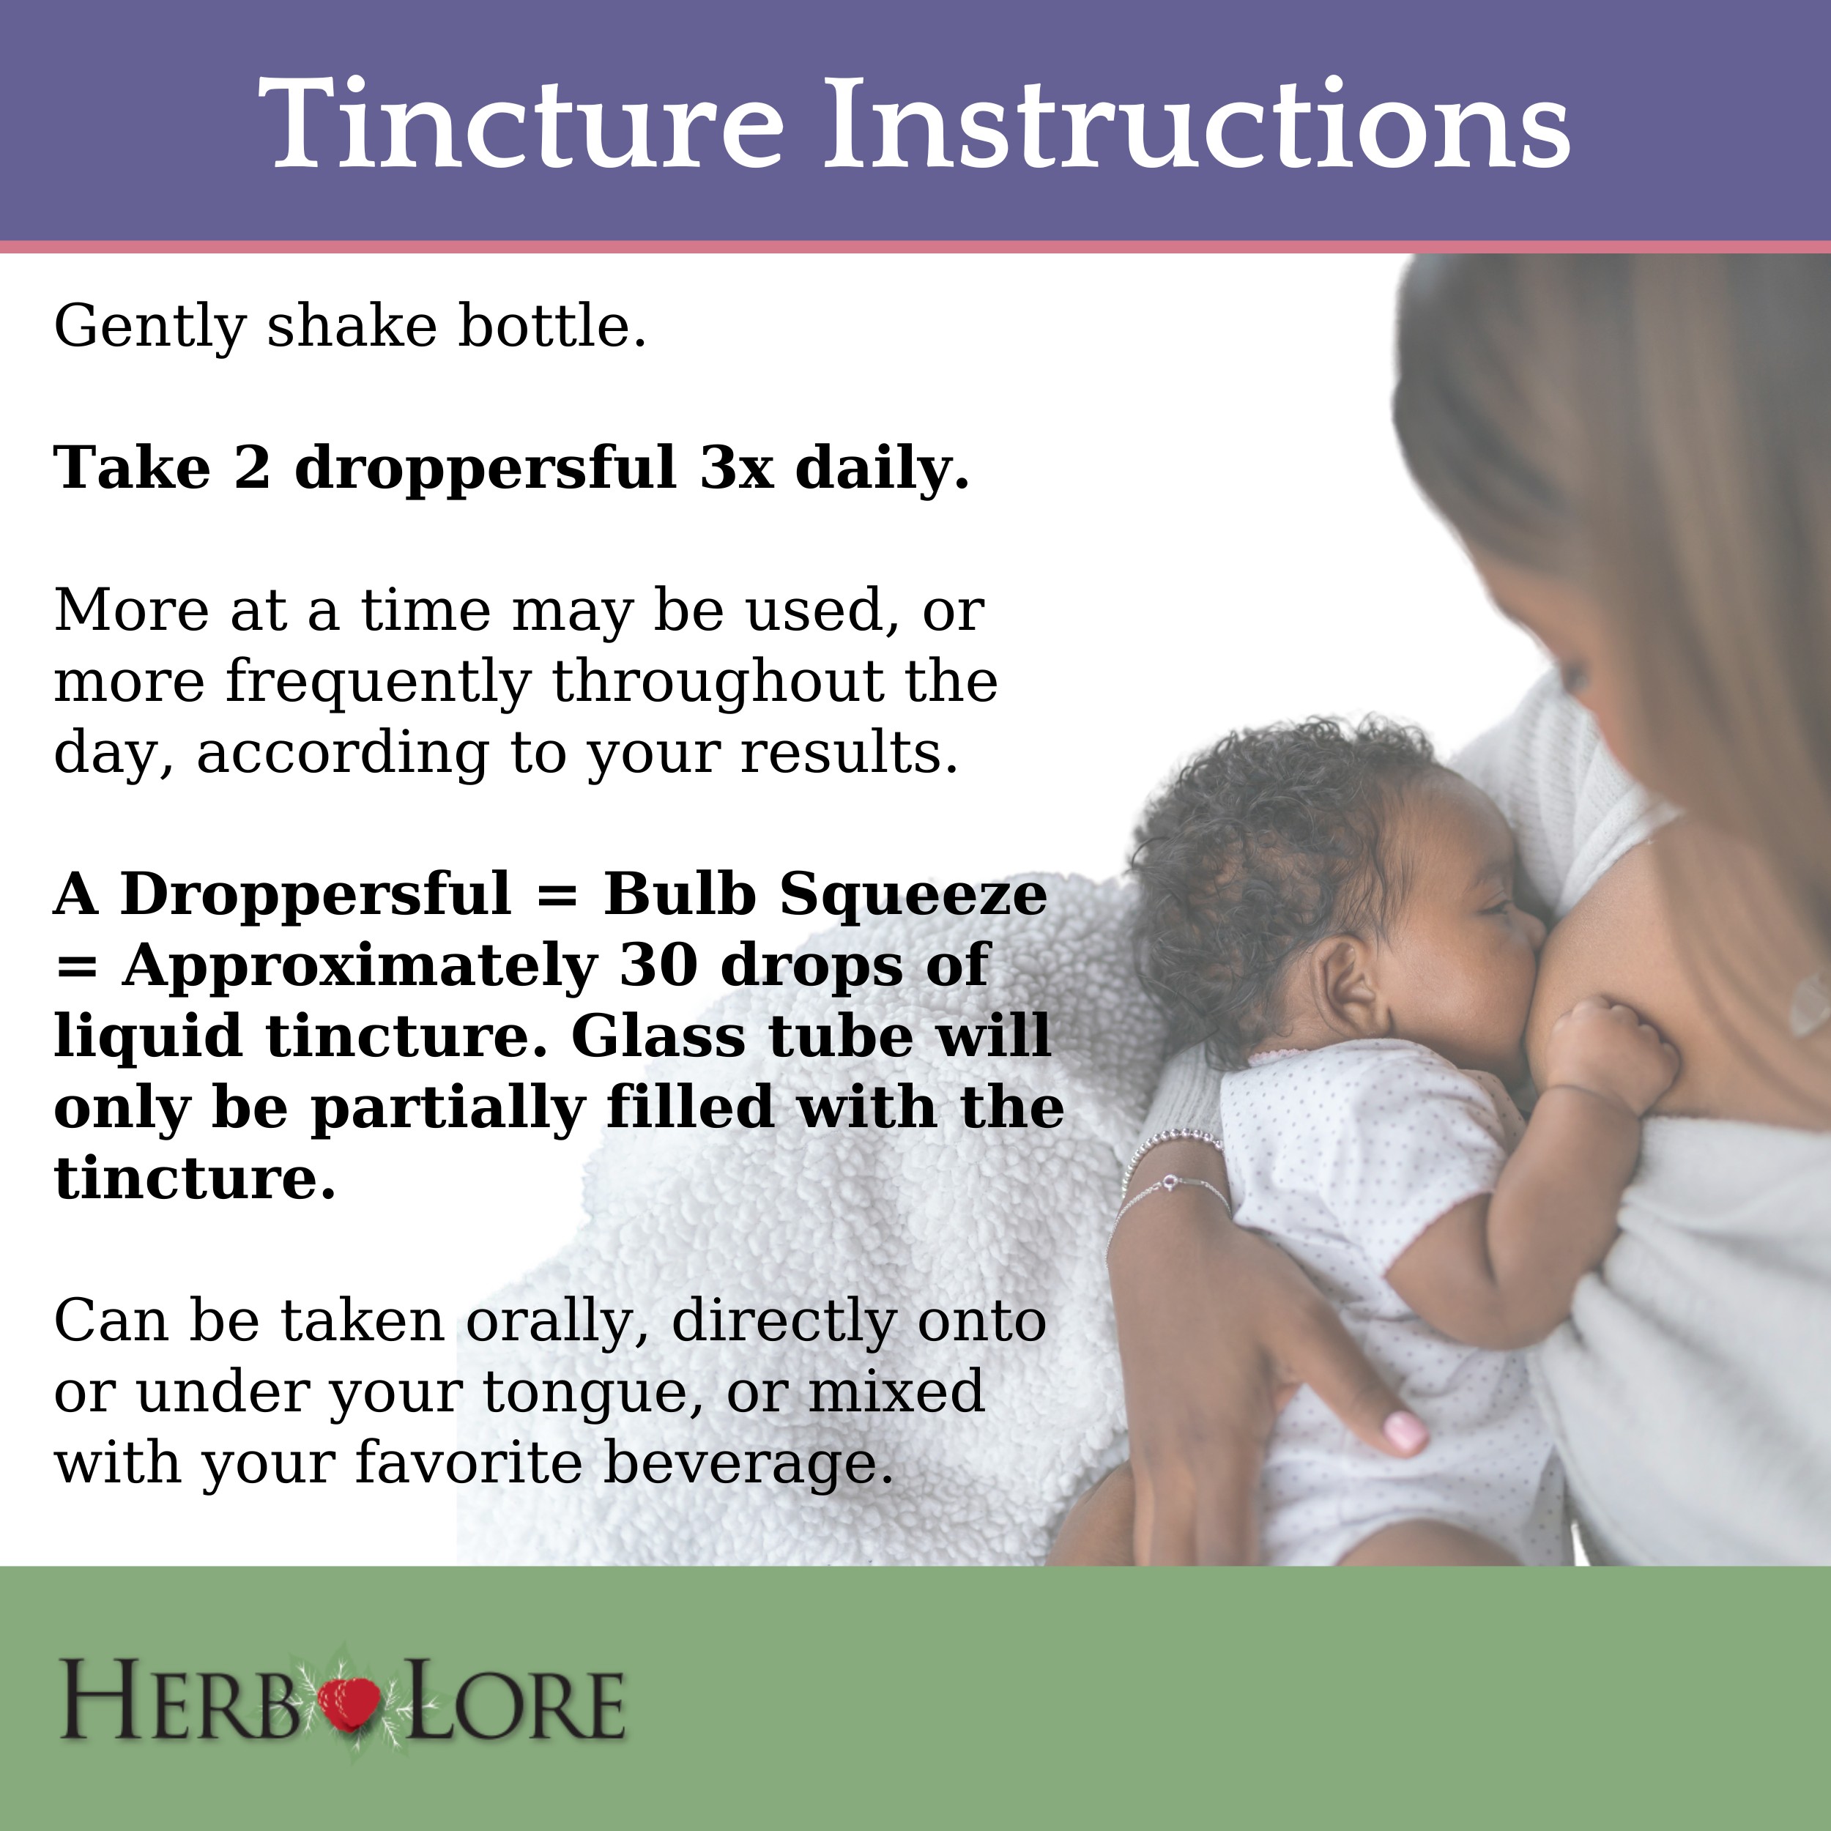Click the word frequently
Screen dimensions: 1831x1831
pos(377,683)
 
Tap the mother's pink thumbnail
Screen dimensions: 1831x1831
pos(1405,1431)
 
